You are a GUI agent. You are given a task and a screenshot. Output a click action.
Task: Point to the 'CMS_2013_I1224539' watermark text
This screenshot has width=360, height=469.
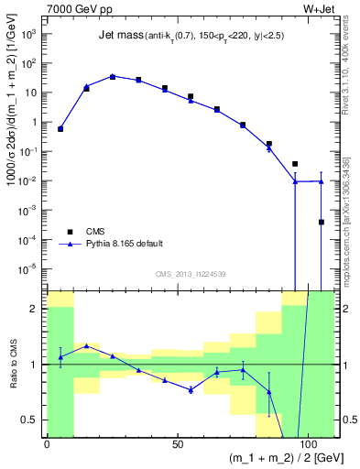(191, 273)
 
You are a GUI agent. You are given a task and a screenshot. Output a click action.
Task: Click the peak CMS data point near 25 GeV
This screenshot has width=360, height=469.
(113, 77)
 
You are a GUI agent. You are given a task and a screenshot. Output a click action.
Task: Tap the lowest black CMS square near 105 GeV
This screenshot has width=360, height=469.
(322, 222)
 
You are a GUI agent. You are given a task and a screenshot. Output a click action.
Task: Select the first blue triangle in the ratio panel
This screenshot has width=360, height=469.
(60, 357)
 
